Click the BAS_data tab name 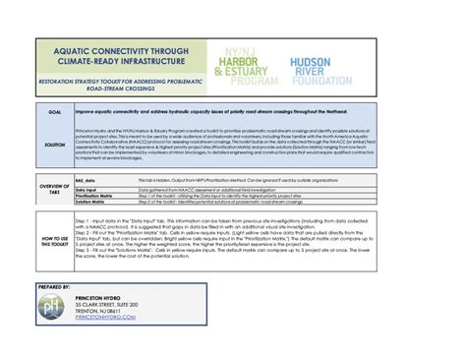click(86, 181)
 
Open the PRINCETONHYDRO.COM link click(107, 322)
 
